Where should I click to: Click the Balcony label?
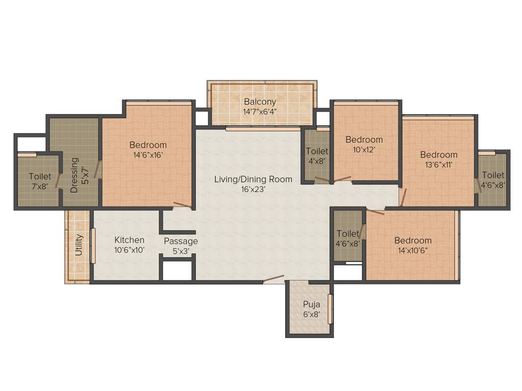click(260, 101)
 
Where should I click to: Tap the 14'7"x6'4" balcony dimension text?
click(260, 112)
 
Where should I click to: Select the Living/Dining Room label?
click(253, 179)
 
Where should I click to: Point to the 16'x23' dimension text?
click(253, 189)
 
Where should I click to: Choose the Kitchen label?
click(129, 240)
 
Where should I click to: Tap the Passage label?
click(181, 241)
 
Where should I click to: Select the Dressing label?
click(74, 175)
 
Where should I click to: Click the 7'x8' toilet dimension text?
click(40, 186)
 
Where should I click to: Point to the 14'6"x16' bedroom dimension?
click(148, 155)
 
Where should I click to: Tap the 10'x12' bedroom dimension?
click(364, 150)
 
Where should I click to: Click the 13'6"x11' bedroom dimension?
click(438, 164)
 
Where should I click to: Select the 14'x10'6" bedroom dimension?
click(413, 250)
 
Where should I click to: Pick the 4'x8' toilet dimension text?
click(317, 161)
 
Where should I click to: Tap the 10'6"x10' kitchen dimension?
click(129, 250)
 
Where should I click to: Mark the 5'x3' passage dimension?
click(181, 251)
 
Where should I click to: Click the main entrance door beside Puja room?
click(273, 278)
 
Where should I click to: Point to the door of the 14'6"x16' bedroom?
click(182, 205)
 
